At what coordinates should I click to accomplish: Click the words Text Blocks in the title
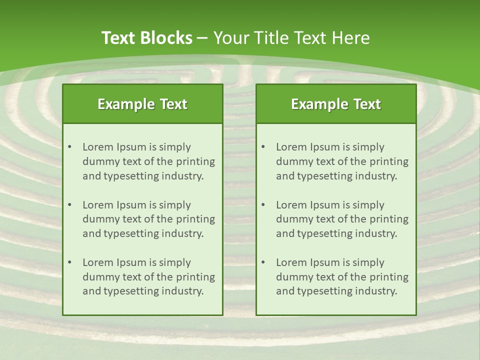point(146,38)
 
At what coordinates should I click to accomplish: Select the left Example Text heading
point(142,104)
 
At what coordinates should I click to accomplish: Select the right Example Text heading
point(336,104)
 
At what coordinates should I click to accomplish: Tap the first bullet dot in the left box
point(69,147)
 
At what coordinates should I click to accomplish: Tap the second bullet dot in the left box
point(69,205)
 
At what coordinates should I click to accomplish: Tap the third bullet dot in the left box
point(69,262)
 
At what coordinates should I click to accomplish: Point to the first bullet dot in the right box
point(263,147)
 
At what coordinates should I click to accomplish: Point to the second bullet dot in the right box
point(263,205)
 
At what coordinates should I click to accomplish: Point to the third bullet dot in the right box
point(263,262)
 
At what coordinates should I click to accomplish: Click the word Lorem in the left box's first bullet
point(98,147)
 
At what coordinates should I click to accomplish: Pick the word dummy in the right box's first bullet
point(292,161)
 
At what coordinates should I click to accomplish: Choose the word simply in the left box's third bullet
point(175,262)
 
